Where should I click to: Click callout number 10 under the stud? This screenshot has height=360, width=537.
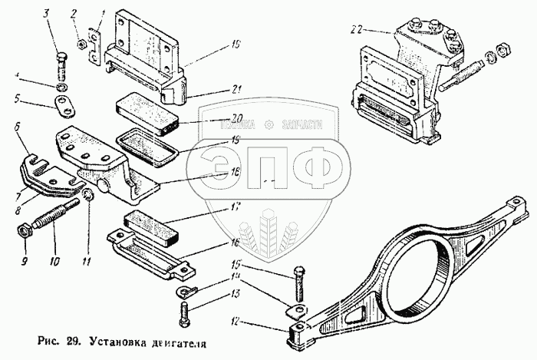(53, 261)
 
